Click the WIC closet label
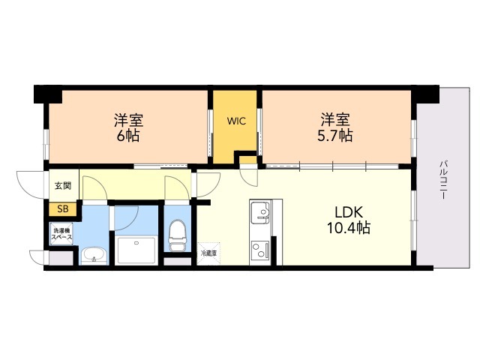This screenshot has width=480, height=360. pos(236,121)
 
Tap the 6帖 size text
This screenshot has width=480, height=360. pos(128,135)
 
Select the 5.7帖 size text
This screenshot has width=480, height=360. pos(335,135)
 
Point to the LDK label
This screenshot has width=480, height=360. pos(349,211)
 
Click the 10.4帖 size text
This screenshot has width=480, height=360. pos(349,228)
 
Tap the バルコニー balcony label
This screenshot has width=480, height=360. pos(444,180)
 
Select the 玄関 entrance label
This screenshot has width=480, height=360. pos(63,185)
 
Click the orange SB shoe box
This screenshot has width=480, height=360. pos(63,209)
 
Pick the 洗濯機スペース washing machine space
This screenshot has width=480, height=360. pos(61,234)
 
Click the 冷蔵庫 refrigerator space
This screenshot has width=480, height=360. pos(208,253)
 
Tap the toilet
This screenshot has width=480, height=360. pos(177,235)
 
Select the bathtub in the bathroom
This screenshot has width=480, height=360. pos(136,250)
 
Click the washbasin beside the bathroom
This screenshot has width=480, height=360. pos(94,256)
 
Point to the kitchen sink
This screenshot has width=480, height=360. pos(261,212)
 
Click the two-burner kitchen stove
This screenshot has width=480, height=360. pos(260,249)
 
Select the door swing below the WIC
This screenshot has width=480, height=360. pos(249,175)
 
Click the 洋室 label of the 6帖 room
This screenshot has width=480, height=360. pos(128,120)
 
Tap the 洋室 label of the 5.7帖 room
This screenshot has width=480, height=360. pos(335,120)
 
